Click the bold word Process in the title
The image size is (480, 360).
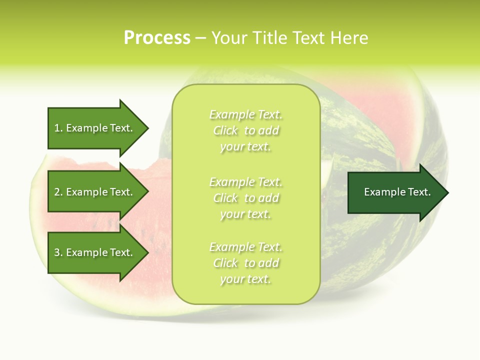pos(157,38)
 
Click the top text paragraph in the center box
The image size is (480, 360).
pos(245,130)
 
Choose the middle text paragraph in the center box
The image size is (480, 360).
pos(245,197)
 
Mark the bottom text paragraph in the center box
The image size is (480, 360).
pos(245,263)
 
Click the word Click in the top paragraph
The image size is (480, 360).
pos(225,131)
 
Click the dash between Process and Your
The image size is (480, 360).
pos(200,38)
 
